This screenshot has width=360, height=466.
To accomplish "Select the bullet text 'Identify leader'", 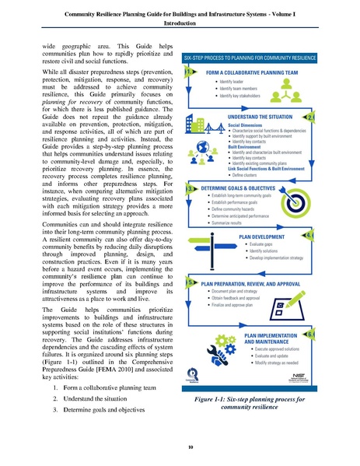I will click(236, 81).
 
